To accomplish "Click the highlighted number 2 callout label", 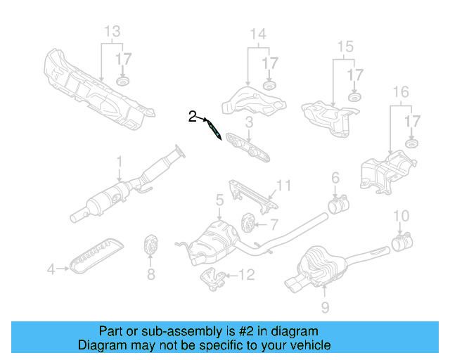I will pos(192,117).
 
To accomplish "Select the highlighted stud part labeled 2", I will pos(214,129).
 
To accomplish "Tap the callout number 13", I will pos(112,32).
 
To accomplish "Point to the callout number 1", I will pos(120,161).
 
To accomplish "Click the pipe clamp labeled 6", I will pos(336,206).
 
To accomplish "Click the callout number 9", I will pos(324,307).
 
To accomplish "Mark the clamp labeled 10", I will pos(401,243).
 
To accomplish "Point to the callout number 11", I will pos(283,186).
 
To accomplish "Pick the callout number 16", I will pos(400,92).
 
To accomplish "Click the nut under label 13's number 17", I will pos(124,84).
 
